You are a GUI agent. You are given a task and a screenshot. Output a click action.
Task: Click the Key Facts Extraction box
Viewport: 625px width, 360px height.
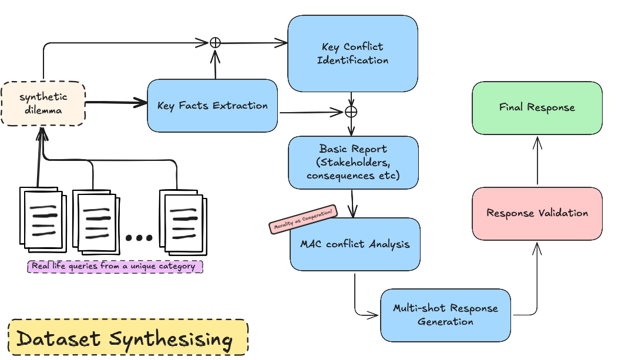coord(212,106)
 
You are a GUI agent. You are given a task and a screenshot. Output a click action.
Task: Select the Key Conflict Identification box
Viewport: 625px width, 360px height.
coord(353,53)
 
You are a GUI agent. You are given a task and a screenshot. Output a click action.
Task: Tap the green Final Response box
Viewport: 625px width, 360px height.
coord(537,107)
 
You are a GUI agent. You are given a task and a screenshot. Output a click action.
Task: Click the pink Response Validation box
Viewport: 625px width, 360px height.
coord(537,213)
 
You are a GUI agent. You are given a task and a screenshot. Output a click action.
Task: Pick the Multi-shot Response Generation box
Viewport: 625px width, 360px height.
coord(445,315)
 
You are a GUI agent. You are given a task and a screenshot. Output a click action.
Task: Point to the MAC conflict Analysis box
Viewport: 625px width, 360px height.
coord(355,244)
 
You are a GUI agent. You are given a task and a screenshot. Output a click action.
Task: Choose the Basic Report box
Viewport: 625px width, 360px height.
coord(353,162)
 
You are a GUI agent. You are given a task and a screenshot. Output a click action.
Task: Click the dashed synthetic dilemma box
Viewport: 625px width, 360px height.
coord(43,104)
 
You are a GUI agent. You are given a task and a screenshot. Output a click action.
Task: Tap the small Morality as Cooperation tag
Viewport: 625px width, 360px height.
coord(303,219)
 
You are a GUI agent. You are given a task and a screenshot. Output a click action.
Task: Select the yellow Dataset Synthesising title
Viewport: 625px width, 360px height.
coord(128,337)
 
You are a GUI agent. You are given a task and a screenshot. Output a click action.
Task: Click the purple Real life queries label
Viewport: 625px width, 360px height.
coord(115,266)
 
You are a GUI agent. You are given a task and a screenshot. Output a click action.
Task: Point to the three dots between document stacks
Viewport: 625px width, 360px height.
coord(139,238)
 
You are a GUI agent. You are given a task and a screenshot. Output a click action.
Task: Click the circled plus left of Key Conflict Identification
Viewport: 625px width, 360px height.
coord(215,43)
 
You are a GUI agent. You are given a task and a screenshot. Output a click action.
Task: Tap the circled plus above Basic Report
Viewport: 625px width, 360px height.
coord(351,112)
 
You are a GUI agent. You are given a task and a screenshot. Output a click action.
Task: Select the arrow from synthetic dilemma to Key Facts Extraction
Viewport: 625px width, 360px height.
coord(116,103)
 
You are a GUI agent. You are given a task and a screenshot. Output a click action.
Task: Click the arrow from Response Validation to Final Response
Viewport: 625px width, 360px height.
coord(537,161)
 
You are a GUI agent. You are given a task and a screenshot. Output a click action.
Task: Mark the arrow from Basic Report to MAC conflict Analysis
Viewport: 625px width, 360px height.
coord(352,203)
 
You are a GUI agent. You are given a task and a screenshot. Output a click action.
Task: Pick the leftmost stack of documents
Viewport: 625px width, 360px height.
coord(43,220)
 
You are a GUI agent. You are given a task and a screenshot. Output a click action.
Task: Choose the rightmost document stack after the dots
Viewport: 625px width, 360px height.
coord(183,223)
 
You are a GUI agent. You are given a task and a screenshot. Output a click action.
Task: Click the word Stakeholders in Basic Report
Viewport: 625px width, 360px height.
coord(353,163)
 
